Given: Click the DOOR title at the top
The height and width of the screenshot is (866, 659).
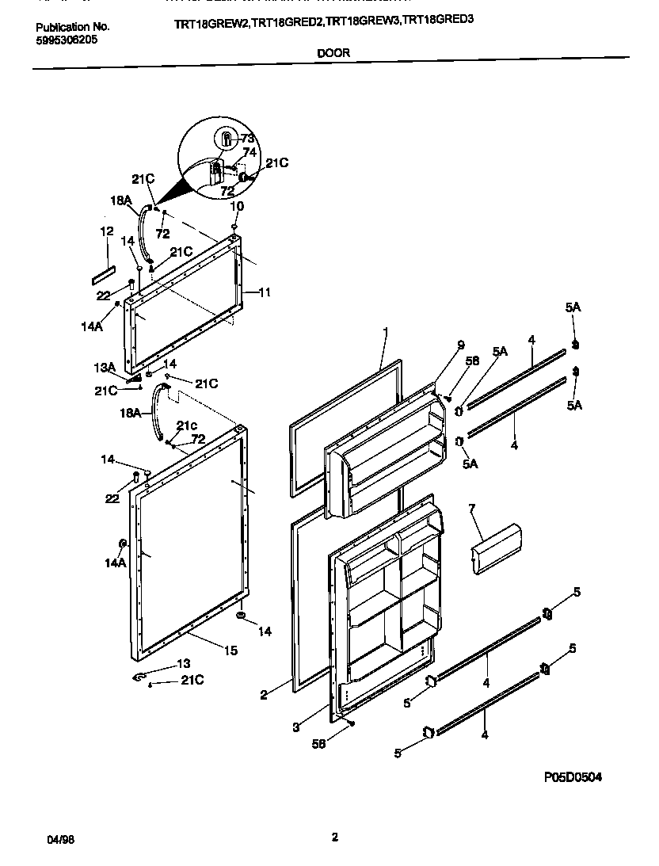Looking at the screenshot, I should coord(333,54).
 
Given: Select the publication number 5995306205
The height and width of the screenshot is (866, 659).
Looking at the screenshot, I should coord(67,39).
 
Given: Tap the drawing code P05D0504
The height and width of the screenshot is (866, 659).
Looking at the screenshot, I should coord(572,777).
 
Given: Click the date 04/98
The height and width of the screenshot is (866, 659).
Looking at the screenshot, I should coord(48,838).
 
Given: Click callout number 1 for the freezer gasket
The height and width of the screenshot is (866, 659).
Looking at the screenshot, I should coord(385,333).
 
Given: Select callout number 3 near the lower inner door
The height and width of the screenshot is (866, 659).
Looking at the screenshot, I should coord(295,726).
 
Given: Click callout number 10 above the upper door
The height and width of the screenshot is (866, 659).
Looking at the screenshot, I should coord(235,206).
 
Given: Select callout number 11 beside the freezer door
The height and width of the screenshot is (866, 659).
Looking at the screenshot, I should coord(264,292).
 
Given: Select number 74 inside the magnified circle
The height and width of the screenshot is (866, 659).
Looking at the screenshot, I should coord(249,152).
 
